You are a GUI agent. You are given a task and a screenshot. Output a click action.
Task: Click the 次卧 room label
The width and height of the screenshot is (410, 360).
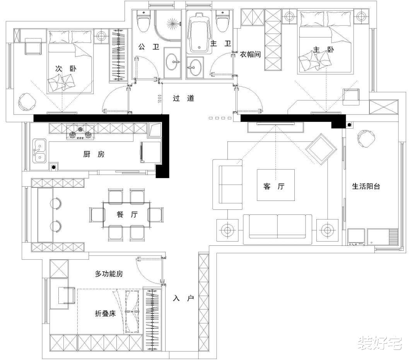(66, 69)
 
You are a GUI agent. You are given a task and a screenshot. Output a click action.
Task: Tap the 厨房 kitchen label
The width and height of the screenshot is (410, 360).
(94, 154)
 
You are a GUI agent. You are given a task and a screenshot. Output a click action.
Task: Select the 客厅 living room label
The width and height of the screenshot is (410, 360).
(274, 186)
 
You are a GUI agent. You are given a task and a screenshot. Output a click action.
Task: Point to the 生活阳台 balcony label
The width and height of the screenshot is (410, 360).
(366, 186)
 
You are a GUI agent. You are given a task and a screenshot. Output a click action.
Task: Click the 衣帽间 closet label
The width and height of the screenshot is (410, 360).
(250, 54)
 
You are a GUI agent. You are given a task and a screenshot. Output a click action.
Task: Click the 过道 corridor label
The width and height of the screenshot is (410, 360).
(183, 98)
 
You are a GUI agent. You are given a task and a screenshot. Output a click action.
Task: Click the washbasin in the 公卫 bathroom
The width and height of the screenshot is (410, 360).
(173, 61)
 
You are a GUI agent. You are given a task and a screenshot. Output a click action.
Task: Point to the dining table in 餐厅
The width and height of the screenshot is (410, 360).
(126, 214)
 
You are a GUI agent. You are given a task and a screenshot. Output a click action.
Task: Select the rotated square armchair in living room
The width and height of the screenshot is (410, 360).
(321, 149)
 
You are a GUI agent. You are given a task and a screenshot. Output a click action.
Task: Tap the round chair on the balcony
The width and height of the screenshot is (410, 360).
(366, 139)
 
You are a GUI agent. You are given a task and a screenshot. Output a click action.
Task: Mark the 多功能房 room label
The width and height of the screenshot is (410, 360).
(109, 274)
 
